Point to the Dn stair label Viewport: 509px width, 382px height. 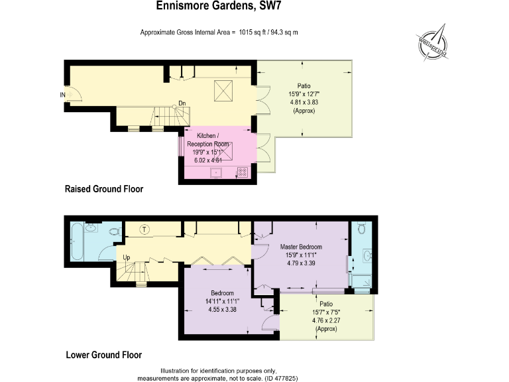(x=182, y=103)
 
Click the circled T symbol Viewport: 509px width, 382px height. (x=145, y=229)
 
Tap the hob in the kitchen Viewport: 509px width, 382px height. (x=242, y=172)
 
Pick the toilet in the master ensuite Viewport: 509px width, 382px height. (x=361, y=229)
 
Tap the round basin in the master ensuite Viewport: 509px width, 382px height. (x=367, y=255)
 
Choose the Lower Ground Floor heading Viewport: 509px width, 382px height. (x=103, y=355)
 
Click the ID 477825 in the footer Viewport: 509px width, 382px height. (x=282, y=377)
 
